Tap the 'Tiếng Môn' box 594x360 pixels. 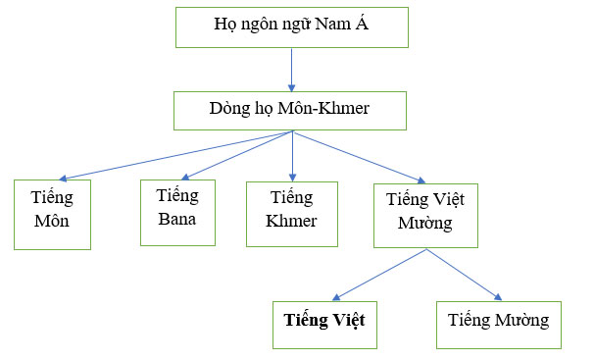[52, 214]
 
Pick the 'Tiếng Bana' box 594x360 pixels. [177, 211]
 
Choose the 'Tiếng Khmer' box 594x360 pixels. [291, 213]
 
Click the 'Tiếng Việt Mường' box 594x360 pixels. [424, 214]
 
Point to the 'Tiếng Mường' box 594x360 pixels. [500, 320]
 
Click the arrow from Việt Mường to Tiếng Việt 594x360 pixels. [379, 275]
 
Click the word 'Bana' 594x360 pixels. [177, 218]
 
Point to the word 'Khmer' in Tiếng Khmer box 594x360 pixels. [291, 221]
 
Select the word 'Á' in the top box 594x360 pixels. [362, 25]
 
